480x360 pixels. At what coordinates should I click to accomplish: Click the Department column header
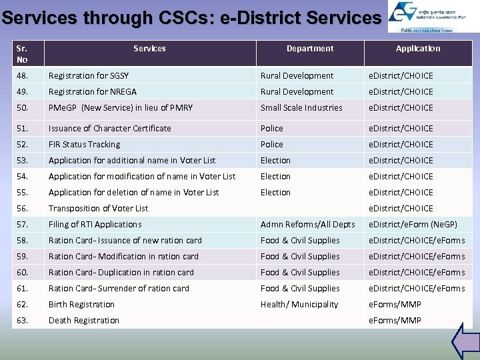(310, 49)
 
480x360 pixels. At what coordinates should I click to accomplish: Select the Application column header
(418, 49)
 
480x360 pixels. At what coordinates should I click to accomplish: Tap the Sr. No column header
(23, 54)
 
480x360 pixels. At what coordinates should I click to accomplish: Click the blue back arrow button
(465, 341)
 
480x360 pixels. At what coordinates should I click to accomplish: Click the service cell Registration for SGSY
(89, 76)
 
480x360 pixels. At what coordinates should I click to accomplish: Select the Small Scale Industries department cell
(301, 108)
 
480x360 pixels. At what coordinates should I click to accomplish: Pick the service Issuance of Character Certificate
(109, 129)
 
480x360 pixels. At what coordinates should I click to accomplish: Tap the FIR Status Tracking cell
(84, 145)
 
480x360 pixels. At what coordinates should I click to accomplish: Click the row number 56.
(23, 209)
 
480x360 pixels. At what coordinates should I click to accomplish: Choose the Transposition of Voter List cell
(98, 209)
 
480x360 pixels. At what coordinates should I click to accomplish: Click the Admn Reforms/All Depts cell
(307, 225)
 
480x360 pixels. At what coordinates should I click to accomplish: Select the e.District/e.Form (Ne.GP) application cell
(413, 225)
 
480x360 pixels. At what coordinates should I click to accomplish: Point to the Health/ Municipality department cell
(299, 305)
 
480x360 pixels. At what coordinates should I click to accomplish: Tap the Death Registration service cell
(83, 321)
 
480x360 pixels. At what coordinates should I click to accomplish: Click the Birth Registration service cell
(81, 305)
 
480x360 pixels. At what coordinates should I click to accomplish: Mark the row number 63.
(23, 321)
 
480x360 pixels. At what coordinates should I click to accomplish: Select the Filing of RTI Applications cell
(95, 225)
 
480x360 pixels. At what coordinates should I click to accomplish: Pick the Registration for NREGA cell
(91, 92)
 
